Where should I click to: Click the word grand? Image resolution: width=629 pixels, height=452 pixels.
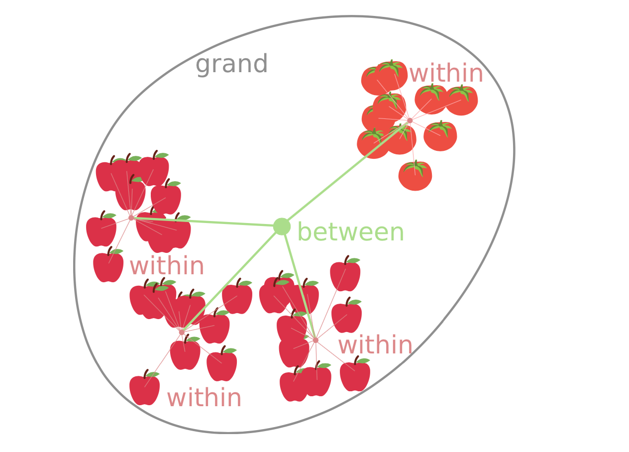tap(231, 65)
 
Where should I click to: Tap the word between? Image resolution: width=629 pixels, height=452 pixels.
tap(350, 232)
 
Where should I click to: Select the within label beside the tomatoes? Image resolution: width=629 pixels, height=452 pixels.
tap(446, 74)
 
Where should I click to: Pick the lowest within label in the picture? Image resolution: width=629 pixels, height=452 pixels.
tap(204, 398)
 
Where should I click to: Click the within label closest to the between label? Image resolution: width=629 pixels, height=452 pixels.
tap(375, 345)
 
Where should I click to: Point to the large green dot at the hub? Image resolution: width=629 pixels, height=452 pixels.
tap(282, 226)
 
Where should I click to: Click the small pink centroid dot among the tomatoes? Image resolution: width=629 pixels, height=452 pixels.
tap(410, 120)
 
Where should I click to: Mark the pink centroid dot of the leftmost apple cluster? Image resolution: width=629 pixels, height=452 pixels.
tap(131, 218)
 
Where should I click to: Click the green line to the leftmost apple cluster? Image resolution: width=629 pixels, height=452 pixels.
tap(209, 222)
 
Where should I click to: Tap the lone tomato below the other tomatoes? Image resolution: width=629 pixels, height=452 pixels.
tap(415, 177)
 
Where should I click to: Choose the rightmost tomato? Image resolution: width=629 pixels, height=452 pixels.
tap(461, 101)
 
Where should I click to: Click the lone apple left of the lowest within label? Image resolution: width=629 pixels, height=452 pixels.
tap(144, 389)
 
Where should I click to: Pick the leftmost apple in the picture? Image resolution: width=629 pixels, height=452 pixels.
tap(101, 231)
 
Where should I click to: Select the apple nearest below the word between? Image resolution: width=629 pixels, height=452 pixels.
tap(345, 275)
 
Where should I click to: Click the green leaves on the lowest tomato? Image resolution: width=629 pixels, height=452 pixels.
tap(416, 167)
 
